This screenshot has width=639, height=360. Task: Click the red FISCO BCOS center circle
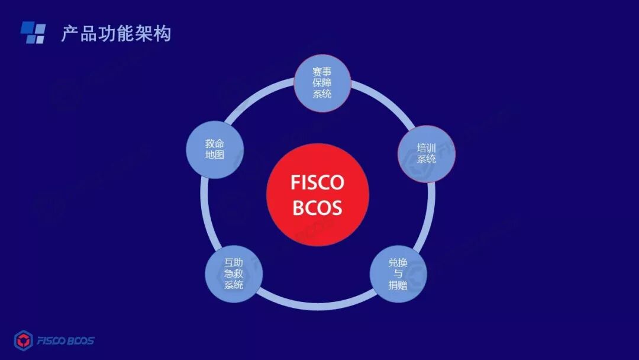318,195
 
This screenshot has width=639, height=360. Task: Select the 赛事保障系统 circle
322,83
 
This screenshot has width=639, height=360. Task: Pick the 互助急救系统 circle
234,274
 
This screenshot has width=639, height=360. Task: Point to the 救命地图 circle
215,149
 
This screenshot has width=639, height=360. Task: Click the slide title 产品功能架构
116,34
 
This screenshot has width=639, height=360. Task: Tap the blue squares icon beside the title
33,33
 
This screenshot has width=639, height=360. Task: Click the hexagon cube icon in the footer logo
23,340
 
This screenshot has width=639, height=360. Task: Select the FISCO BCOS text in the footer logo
65,341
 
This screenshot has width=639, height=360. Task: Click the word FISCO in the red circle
317,182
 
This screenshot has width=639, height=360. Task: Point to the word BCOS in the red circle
317,208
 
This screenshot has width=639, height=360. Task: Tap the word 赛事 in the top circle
322,72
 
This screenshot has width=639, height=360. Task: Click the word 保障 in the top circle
322,83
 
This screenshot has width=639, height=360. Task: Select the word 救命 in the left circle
215,143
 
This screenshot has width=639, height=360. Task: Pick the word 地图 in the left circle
215,155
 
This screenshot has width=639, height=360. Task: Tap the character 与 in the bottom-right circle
398,274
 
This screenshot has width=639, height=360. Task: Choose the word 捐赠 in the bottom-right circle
398,285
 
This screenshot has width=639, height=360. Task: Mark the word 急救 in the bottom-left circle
234,274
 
